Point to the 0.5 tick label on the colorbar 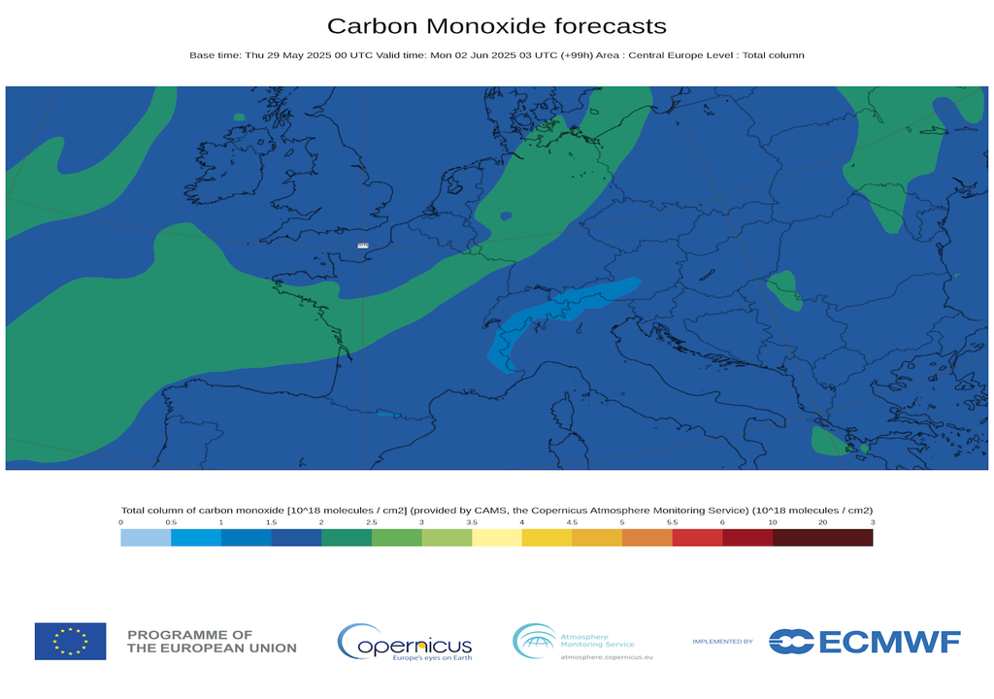coord(171,522)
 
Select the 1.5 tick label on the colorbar coord(271,522)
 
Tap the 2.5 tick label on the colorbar coord(372,522)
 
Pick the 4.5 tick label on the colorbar coord(572,522)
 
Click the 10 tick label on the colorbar coord(773,522)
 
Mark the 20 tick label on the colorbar coord(823,522)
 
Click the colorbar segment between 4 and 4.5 coord(547,538)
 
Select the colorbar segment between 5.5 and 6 coord(698,538)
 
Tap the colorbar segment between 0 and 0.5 coord(146,538)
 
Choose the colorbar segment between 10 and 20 coord(798,538)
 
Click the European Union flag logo coord(70,642)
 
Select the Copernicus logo coord(405,643)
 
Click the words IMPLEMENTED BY coord(722,642)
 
